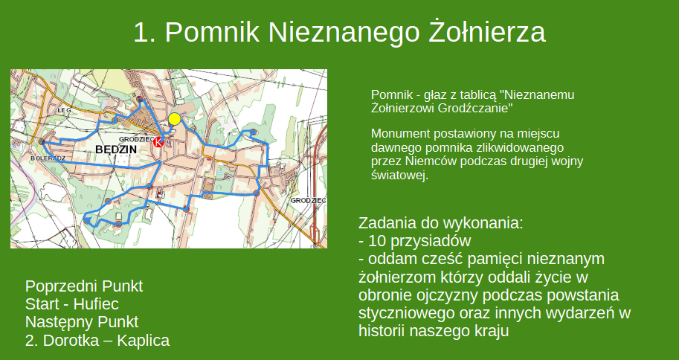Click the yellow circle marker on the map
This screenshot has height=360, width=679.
click(175, 119)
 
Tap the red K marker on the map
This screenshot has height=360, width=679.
click(158, 143)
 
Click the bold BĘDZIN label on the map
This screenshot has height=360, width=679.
click(116, 150)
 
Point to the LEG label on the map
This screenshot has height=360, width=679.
click(62, 110)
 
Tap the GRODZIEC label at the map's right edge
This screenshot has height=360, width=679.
click(309, 201)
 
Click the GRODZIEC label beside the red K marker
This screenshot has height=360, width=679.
click(135, 138)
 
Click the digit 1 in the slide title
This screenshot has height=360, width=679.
click(141, 33)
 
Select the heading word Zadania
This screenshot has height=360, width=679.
click(390, 223)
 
